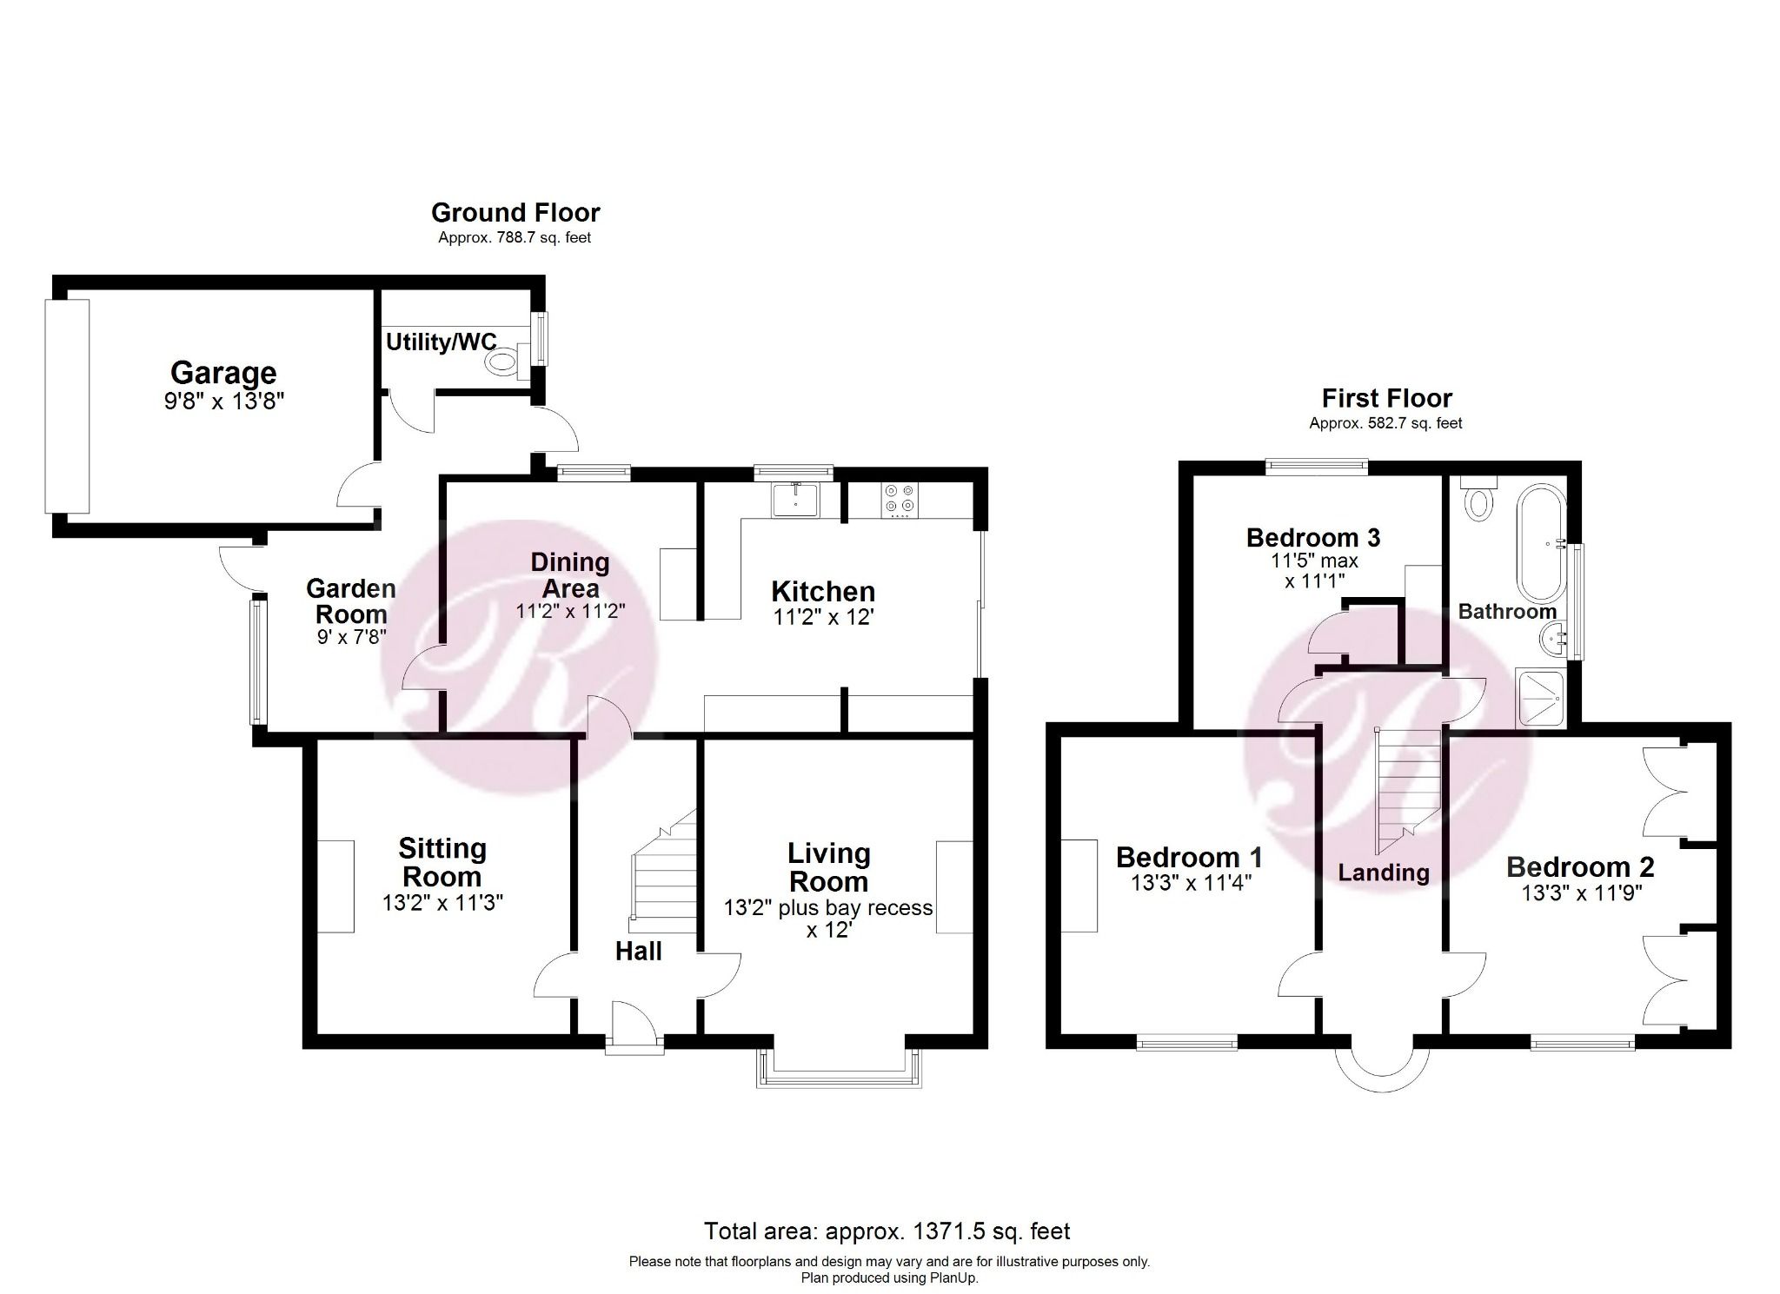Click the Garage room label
[x=223, y=373]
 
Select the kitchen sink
[x=794, y=500]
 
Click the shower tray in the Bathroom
[x=1540, y=698]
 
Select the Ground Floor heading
[x=515, y=213]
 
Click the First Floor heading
[x=1386, y=399]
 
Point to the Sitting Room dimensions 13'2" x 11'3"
[x=442, y=904]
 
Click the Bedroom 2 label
[x=1580, y=866]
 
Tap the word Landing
[x=1383, y=873]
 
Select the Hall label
[x=638, y=952]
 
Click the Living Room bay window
[x=839, y=1076]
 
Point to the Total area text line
[x=887, y=1231]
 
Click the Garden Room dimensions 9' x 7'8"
[x=351, y=637]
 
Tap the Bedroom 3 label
[x=1312, y=538]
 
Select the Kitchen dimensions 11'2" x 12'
[x=822, y=618]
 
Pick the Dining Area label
[x=570, y=574]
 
